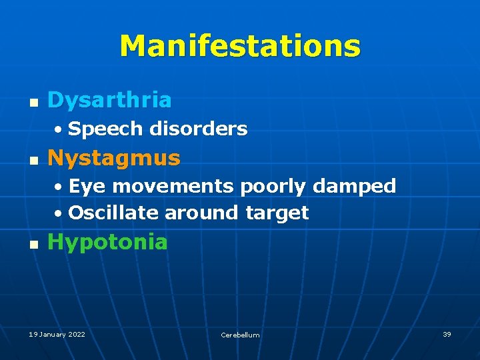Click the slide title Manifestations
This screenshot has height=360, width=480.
pos(240,47)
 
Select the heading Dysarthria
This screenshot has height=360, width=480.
pos(109,101)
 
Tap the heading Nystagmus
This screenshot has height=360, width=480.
pos(114,158)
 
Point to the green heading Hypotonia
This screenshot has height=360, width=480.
pos(107,242)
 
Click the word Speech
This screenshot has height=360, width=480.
pos(105,129)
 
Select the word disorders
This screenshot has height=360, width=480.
pos(198,129)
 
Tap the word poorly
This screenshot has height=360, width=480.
pos(271,187)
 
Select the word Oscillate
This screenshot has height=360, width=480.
pos(113,213)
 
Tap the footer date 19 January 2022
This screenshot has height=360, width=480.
pos(57,334)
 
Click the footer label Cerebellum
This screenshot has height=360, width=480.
pos(240,335)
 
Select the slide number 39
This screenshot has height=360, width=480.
pos(447,334)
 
